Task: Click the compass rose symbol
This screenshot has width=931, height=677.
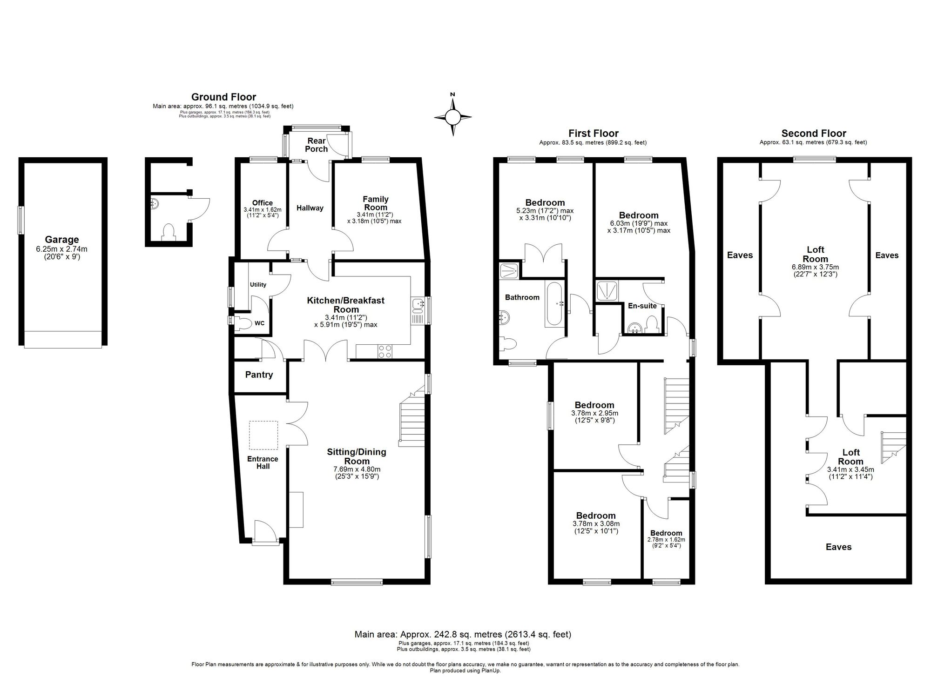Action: [452, 117]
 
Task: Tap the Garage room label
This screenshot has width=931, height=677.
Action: [62, 240]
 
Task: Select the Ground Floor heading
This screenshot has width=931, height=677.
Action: [223, 97]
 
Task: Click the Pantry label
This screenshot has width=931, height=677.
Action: [259, 375]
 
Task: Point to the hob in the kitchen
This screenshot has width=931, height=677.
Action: [385, 351]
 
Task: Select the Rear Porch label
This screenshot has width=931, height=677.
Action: [317, 145]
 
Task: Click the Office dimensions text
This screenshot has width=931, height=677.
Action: [262, 213]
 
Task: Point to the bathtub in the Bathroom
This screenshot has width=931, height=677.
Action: [554, 303]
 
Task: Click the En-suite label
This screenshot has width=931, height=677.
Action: [642, 306]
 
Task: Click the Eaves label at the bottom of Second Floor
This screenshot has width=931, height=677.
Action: [838, 547]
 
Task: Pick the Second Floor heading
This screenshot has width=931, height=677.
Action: [814, 133]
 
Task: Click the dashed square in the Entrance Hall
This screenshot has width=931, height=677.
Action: [263, 436]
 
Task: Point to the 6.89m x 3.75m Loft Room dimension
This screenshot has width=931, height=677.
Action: [815, 271]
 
